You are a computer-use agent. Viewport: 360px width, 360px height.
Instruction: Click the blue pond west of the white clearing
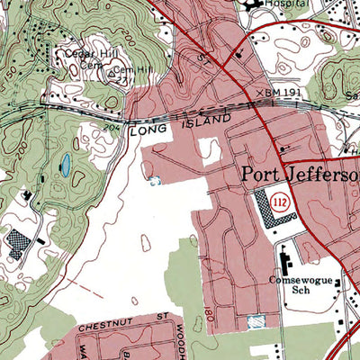pyautogui.click(x=65, y=165)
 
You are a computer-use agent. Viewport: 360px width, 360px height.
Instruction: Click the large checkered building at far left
pyautogui.click(x=18, y=241)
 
